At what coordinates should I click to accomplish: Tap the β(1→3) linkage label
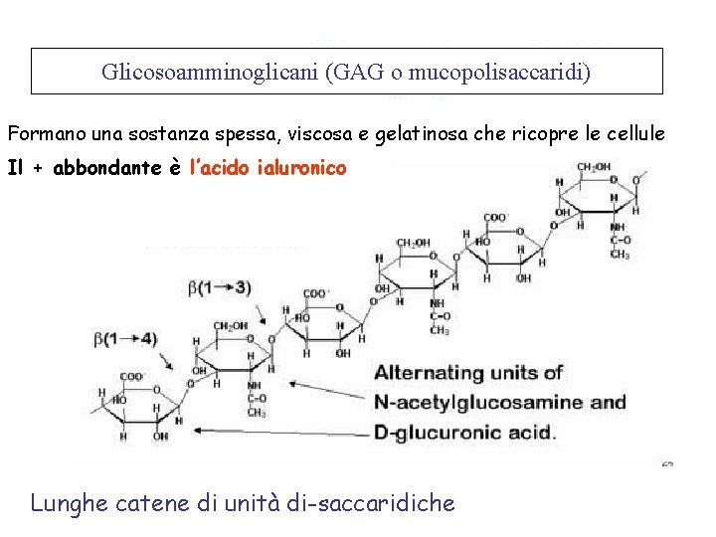click(220, 287)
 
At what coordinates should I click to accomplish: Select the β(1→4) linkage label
click(124, 339)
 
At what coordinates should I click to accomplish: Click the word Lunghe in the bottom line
click(69, 503)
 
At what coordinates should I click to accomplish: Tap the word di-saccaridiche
click(370, 503)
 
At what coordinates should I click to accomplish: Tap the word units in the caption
click(521, 373)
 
